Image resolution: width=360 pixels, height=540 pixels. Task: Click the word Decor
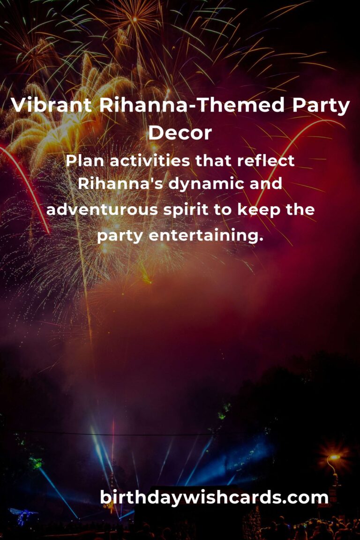coord(180,133)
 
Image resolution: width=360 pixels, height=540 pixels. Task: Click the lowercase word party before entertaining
coord(120,236)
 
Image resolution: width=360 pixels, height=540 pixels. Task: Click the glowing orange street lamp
coord(334,457)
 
